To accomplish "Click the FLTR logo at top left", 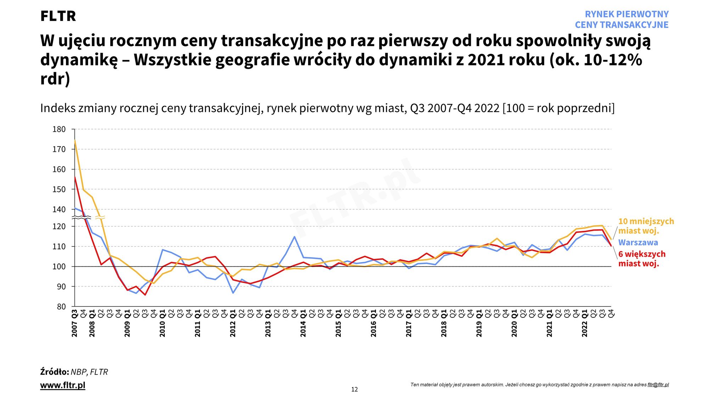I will [58, 16].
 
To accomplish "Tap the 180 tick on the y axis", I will [59, 129].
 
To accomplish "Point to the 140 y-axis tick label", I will [59, 210].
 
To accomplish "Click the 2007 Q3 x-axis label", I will [74, 323].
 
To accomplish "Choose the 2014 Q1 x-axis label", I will [303, 323].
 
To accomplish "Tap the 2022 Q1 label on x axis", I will [585, 323].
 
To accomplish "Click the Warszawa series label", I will [638, 243].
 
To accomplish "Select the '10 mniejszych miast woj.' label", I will [646, 226].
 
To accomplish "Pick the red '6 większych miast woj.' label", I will [642, 259].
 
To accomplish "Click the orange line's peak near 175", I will [75, 140].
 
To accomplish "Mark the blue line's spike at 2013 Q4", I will [294, 237].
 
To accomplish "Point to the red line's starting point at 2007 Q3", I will [75, 177].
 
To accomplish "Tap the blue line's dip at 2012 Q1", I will [233, 293].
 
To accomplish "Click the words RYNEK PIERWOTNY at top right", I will [626, 14].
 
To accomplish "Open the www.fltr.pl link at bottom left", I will [63, 385].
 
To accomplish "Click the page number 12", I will [354, 389].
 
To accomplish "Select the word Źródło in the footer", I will [54, 372].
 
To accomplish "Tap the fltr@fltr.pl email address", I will [658, 385].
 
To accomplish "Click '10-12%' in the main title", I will [613, 60].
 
